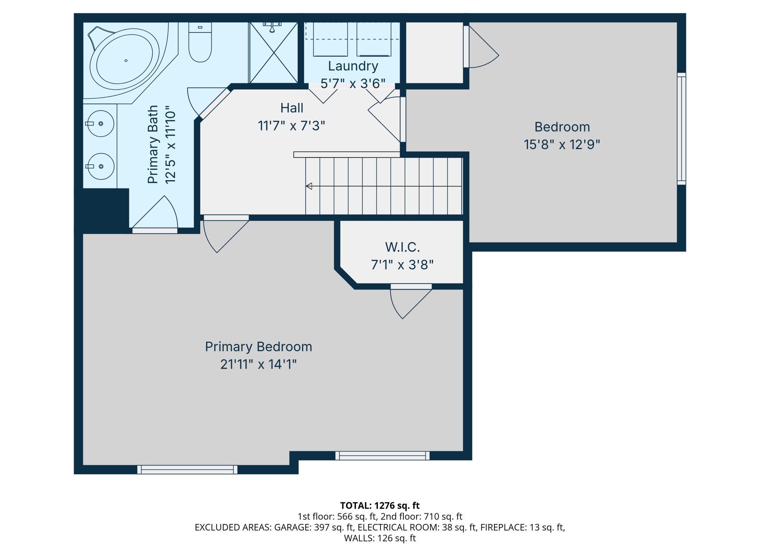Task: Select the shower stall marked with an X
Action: [x=274, y=53]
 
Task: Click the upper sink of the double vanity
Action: [x=100, y=124]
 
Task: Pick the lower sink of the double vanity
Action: [x=100, y=166]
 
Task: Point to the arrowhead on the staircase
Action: [x=309, y=186]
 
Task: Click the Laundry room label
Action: [x=353, y=66]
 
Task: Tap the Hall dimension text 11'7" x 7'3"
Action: [x=292, y=126]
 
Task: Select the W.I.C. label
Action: [x=402, y=247]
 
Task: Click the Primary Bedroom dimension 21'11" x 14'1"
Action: [x=258, y=364]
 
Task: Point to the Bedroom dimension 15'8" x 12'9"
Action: [x=562, y=145]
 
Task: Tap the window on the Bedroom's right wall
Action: [x=681, y=129]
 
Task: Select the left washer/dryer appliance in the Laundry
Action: [x=330, y=39]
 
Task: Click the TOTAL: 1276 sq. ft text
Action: [x=380, y=506]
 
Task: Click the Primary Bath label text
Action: [x=153, y=145]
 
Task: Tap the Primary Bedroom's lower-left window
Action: [x=187, y=470]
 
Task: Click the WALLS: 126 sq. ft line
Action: [x=380, y=538]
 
